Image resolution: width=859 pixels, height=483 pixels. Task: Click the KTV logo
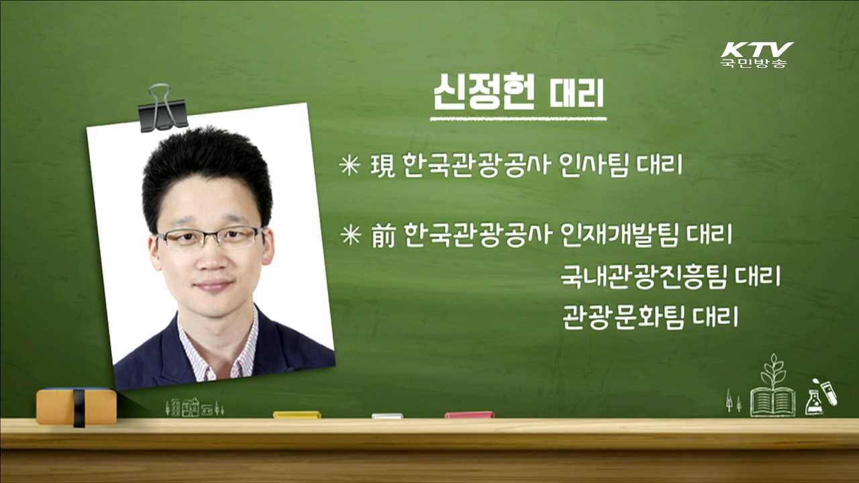[757, 54]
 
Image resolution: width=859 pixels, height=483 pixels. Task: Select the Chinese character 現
[384, 165]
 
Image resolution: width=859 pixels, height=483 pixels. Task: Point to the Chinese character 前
[385, 235]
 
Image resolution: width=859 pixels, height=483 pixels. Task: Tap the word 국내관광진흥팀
[643, 276]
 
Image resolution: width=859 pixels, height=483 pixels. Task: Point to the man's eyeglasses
[209, 237]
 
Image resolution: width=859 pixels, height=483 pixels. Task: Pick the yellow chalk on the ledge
[297, 415]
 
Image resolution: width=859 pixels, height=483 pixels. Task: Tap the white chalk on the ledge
[387, 416]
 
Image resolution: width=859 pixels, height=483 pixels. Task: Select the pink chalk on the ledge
[469, 415]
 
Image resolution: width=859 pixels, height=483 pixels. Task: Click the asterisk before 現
[350, 166]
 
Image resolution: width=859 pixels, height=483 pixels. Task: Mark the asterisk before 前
[350, 236]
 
